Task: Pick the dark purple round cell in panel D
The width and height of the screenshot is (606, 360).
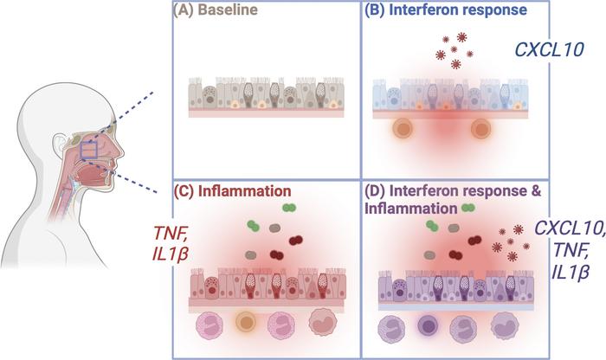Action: [427, 331]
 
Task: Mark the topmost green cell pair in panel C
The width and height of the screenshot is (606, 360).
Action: [287, 209]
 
